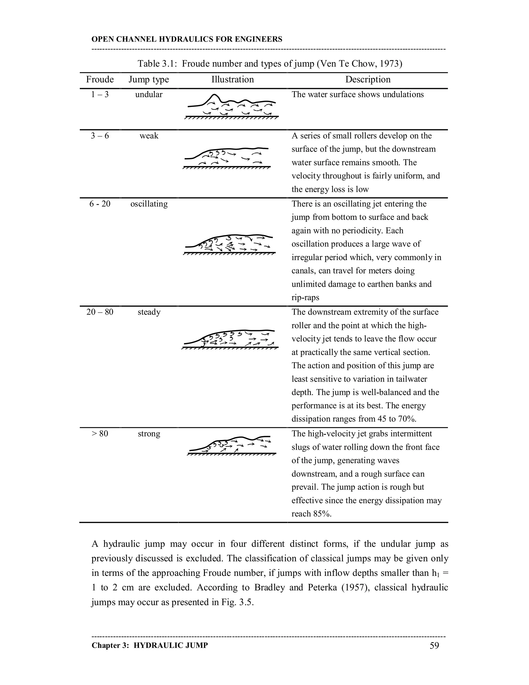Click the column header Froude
tap(100, 79)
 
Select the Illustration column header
tap(232, 79)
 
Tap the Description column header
tap(368, 79)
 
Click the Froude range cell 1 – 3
tap(100, 94)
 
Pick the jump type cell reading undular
tap(149, 94)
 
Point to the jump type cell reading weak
tap(149, 136)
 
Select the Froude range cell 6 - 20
tap(100, 204)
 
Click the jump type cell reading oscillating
tap(149, 204)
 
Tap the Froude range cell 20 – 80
tap(100, 312)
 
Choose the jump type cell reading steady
tap(149, 312)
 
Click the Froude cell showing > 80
tap(100, 434)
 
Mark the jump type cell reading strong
tap(149, 434)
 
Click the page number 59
tap(434, 645)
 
